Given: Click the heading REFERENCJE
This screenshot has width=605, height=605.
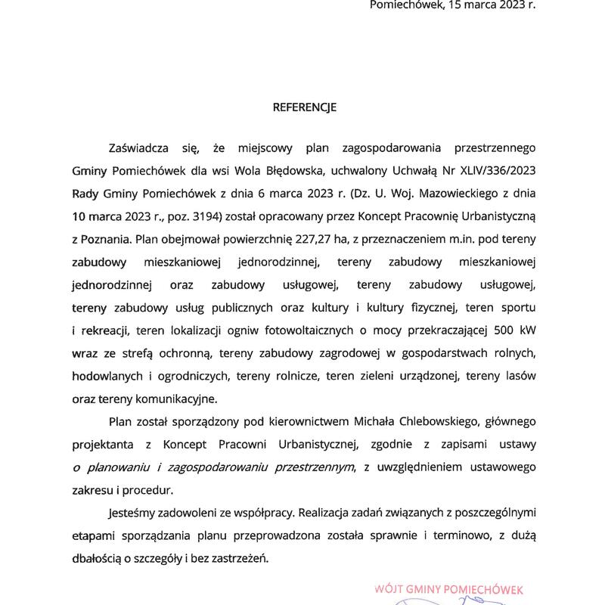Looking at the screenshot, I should point(304,107).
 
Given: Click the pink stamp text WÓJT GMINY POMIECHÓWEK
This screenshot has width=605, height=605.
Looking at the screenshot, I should point(448,588).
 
